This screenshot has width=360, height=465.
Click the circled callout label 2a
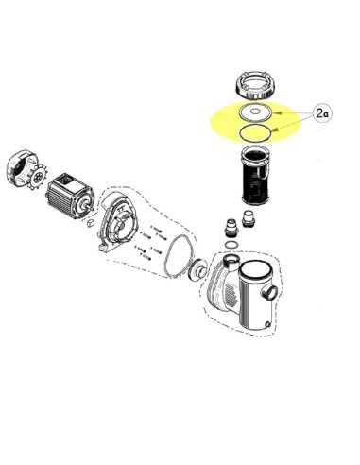(x=320, y=113)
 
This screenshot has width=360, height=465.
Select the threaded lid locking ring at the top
(x=256, y=85)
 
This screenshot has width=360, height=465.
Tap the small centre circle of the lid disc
(x=255, y=112)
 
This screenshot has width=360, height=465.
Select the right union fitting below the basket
(x=248, y=219)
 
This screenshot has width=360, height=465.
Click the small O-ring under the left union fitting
(x=231, y=245)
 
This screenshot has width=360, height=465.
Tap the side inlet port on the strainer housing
(x=269, y=292)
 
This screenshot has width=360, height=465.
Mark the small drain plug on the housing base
(x=267, y=324)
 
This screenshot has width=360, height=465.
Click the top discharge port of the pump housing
(x=231, y=262)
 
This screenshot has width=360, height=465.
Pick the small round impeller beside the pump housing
(x=197, y=268)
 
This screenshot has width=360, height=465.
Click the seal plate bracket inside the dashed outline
(x=117, y=220)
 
